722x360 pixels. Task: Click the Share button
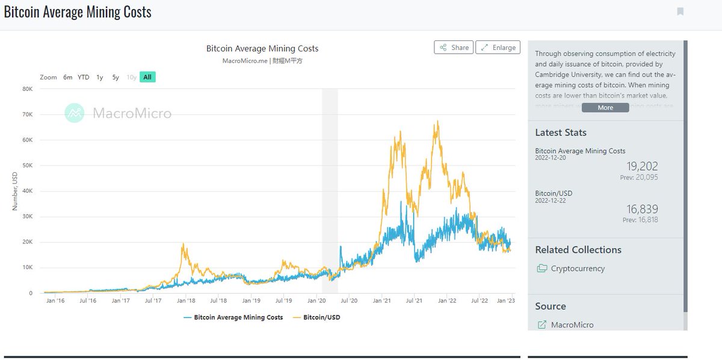(x=454, y=48)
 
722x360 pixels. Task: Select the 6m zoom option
(x=68, y=77)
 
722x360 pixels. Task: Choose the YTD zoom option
(x=84, y=77)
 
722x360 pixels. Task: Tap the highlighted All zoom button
(x=147, y=77)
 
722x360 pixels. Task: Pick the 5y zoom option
(x=116, y=77)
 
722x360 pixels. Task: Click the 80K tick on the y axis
(x=28, y=88)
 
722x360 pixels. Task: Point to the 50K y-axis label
(x=28, y=165)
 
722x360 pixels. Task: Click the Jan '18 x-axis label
(x=187, y=300)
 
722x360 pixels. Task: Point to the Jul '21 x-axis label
(x=413, y=300)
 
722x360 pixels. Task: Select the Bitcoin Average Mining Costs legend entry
(x=233, y=317)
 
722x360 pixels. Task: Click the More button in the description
(x=605, y=108)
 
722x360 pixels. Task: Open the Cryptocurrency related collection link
(x=578, y=268)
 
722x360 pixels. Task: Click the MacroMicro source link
(x=572, y=324)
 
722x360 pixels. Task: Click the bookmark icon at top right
(x=680, y=11)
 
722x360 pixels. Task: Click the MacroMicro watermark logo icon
(x=75, y=113)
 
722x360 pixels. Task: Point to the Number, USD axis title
(x=15, y=191)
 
